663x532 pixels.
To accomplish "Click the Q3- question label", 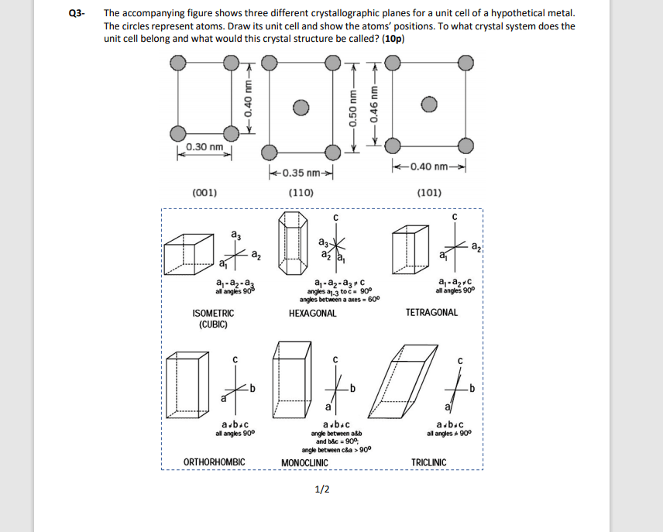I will tap(74, 13).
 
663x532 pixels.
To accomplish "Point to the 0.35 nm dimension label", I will tap(301, 173).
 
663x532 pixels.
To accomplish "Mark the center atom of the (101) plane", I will tap(427, 105).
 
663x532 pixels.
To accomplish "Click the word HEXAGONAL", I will tap(312, 314).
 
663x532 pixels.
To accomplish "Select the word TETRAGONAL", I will tap(431, 313).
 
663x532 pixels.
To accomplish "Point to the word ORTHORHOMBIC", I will tap(215, 462).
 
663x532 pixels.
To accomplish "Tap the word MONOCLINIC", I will tap(304, 463).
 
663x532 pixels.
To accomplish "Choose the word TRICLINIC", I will tap(428, 462).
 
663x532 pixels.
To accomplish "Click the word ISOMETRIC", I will tap(212, 314).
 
